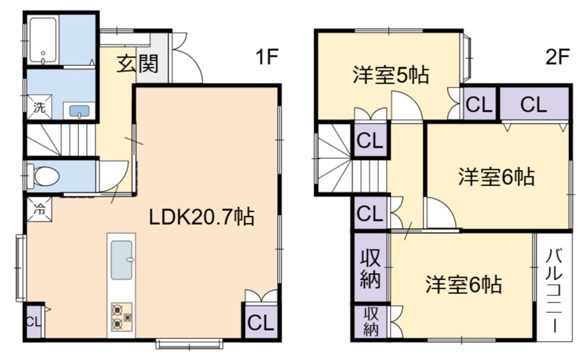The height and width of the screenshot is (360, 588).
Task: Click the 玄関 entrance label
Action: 138,65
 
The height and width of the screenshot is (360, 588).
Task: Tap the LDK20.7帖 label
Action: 202,216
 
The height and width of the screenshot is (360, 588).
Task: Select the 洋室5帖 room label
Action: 391,75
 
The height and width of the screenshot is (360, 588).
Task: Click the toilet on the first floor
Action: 46,176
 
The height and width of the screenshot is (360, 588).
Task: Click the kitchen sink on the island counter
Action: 122,259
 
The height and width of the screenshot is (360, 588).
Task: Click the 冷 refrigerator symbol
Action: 39,210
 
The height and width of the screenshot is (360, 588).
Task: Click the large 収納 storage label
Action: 370,269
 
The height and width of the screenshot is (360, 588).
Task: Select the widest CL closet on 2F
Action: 534,104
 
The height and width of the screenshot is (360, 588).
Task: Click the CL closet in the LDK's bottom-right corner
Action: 260,322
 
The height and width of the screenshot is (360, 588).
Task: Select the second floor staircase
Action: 335,161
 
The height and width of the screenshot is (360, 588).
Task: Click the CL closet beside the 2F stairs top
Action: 370,140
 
